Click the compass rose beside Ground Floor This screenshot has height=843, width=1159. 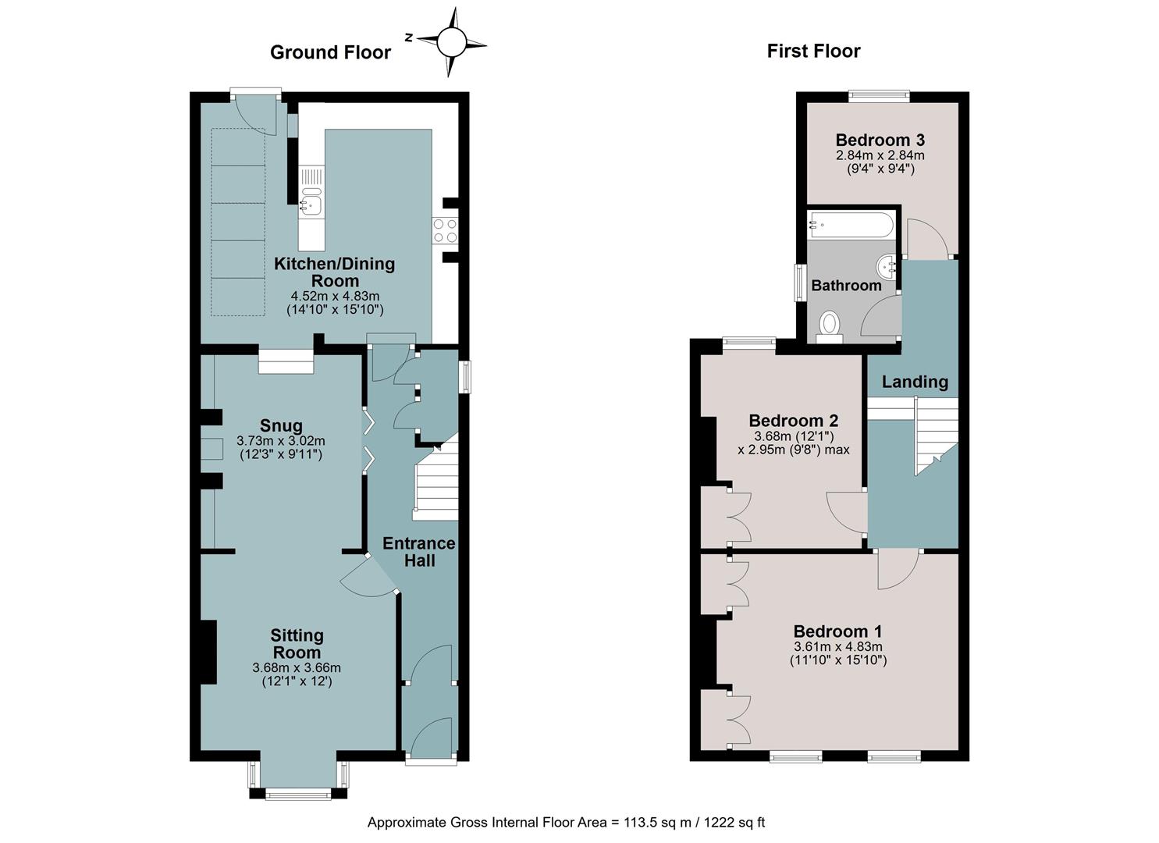[451, 42]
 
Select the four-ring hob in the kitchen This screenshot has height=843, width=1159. [445, 231]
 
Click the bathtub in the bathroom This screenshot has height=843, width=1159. [851, 225]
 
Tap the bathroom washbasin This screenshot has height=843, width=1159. [887, 266]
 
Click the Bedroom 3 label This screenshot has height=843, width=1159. [880, 140]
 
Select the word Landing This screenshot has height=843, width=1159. [915, 382]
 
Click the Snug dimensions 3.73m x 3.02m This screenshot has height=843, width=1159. [281, 442]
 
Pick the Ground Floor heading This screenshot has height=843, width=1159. [330, 52]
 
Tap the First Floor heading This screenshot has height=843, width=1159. [813, 51]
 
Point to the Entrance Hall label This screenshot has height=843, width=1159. [419, 552]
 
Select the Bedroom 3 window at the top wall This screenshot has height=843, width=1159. [879, 95]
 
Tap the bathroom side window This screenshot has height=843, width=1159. [801, 283]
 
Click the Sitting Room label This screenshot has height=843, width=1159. [297, 643]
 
